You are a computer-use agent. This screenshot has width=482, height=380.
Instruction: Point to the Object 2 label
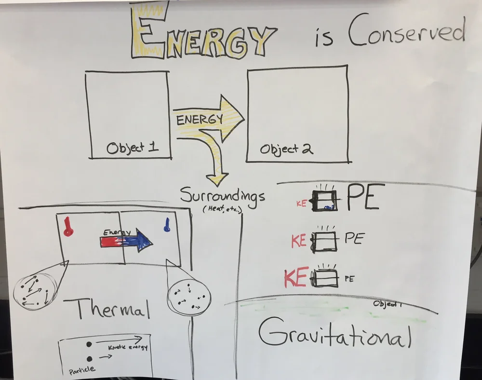(x=286, y=149)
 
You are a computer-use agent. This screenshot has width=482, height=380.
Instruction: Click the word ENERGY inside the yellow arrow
(x=199, y=119)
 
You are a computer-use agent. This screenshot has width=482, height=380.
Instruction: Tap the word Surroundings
(x=222, y=196)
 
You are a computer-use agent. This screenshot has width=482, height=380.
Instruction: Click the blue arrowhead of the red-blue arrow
(x=143, y=240)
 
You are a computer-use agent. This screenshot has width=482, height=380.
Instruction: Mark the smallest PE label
(x=349, y=278)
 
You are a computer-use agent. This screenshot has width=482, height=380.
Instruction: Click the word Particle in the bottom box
(x=81, y=370)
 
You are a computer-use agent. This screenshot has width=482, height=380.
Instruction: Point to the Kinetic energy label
(x=128, y=347)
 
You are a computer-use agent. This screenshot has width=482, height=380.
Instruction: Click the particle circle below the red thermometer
(x=35, y=290)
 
